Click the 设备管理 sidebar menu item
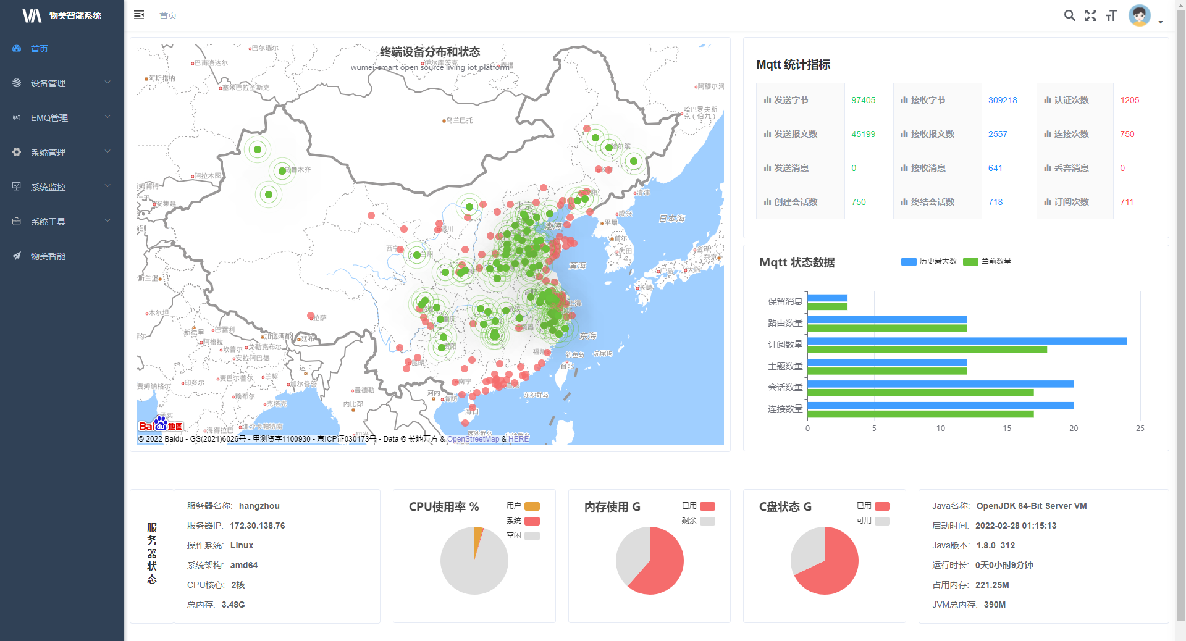(x=48, y=83)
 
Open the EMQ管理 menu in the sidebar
(x=49, y=118)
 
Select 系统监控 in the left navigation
(x=48, y=187)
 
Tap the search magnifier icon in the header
(x=1069, y=15)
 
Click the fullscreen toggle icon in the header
(x=1091, y=15)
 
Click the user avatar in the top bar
(x=1139, y=15)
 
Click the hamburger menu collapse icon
(x=139, y=15)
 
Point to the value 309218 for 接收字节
(x=1002, y=100)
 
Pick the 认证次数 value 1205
(x=1129, y=100)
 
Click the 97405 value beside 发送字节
(x=863, y=100)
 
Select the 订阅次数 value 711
(x=1126, y=202)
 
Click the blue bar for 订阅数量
(x=967, y=341)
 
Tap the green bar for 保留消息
(x=827, y=307)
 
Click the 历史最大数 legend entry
(x=929, y=261)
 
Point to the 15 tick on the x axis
(x=1007, y=429)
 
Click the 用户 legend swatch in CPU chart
(x=532, y=506)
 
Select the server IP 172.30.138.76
(x=257, y=526)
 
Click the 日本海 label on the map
(x=671, y=219)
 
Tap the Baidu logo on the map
(x=161, y=425)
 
